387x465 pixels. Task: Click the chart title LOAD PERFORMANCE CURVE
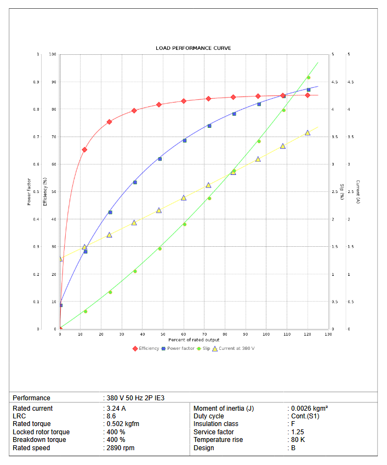[193, 48]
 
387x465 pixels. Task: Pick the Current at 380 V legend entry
[234, 348]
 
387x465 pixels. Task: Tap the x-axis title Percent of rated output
[193, 340]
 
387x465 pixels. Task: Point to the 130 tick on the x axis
[328, 334]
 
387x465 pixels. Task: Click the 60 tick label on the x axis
[184, 334]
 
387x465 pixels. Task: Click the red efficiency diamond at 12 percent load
[84, 150]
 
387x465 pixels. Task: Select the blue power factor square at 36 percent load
[135, 182]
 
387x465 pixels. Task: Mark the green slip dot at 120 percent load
[308, 77]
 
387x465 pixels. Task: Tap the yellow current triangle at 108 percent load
[283, 146]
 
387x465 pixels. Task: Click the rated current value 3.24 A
[117, 409]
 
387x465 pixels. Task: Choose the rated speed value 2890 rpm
[121, 448]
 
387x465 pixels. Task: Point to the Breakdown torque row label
[39, 440]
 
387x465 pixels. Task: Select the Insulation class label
[216, 424]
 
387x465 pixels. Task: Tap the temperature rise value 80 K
[298, 440]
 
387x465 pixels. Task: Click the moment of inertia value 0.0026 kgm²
[309, 409]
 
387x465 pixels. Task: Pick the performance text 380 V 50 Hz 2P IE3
[135, 398]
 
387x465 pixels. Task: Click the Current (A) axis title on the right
[357, 192]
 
